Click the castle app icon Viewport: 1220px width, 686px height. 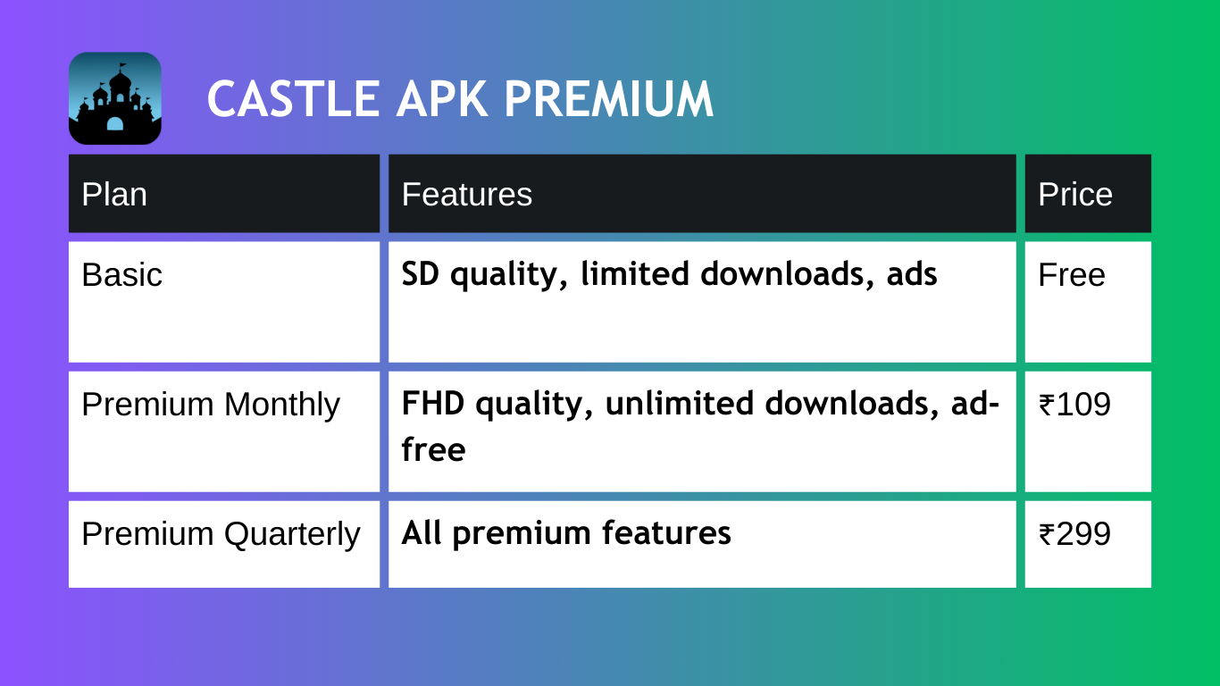coord(115,98)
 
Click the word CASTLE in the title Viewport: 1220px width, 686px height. coord(294,99)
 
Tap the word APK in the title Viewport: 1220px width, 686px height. coord(442,99)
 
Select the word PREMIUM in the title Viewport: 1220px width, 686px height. coord(609,99)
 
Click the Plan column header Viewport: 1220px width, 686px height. coord(114,194)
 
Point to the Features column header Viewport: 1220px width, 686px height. coord(467,194)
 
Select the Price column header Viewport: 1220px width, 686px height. coord(1074,194)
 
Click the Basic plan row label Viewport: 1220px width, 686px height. coord(122,274)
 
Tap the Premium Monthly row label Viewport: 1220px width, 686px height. coord(211,406)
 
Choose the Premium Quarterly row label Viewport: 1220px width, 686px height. coord(221,535)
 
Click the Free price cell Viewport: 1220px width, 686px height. coord(1072,274)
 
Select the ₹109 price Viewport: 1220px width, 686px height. coord(1074,405)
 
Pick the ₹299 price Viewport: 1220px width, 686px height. coord(1074,533)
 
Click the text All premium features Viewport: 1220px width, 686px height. coord(566,534)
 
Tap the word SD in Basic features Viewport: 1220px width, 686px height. coord(421,273)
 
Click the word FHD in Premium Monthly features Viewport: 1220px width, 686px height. coord(433,403)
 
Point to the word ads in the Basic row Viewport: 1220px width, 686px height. coord(912,273)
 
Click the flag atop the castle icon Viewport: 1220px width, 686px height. coord(123,66)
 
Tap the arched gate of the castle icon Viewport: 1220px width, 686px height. coord(115,123)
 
